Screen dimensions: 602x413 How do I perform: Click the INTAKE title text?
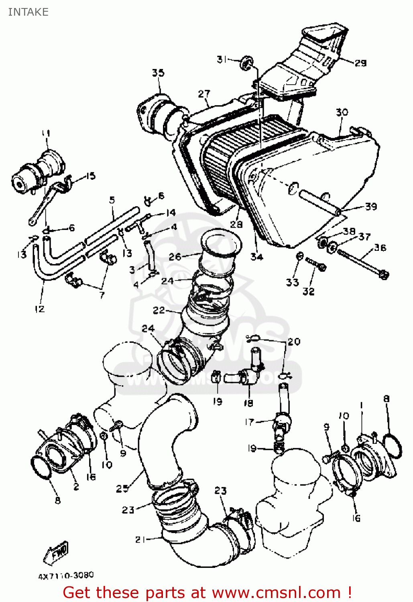(x=28, y=12)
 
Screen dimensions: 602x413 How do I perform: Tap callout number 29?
(x=360, y=63)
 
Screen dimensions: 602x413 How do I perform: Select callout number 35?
(x=158, y=73)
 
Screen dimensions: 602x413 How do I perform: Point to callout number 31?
(x=222, y=59)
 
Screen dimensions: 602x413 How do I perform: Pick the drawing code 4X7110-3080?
(x=66, y=576)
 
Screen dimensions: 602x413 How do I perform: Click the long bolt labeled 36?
(x=361, y=262)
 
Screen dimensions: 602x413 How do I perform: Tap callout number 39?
(x=371, y=206)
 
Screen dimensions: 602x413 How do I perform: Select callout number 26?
(x=175, y=256)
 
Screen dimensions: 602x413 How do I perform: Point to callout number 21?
(x=140, y=539)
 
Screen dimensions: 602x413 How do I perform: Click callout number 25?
(x=122, y=488)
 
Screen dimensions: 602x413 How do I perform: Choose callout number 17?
(x=249, y=422)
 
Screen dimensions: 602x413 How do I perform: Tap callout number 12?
(x=39, y=309)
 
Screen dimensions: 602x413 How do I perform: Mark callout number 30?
(x=342, y=112)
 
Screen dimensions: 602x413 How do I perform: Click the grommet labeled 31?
(x=246, y=62)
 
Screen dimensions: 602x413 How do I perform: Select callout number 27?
(x=204, y=94)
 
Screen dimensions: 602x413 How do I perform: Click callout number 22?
(x=159, y=310)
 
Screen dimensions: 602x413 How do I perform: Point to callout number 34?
(x=256, y=257)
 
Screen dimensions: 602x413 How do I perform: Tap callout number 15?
(x=90, y=176)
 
